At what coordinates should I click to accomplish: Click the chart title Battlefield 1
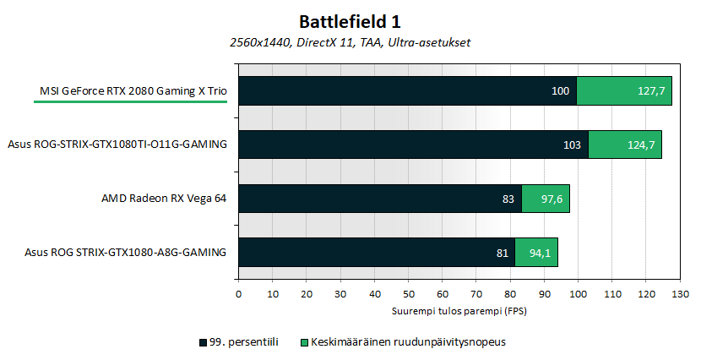click(x=350, y=19)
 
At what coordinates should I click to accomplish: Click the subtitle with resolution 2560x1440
click(x=350, y=42)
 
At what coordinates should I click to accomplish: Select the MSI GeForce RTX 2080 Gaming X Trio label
click(x=134, y=90)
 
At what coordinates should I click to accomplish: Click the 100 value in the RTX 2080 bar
click(x=561, y=90)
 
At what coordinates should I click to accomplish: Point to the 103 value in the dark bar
click(x=572, y=145)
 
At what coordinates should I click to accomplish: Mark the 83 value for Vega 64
click(x=508, y=199)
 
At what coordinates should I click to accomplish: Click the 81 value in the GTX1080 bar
click(x=502, y=252)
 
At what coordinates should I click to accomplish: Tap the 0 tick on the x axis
click(x=239, y=294)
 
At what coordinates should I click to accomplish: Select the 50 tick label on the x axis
click(x=409, y=294)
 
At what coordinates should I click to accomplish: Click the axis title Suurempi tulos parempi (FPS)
click(x=459, y=310)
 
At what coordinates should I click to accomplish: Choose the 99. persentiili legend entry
click(x=239, y=342)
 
